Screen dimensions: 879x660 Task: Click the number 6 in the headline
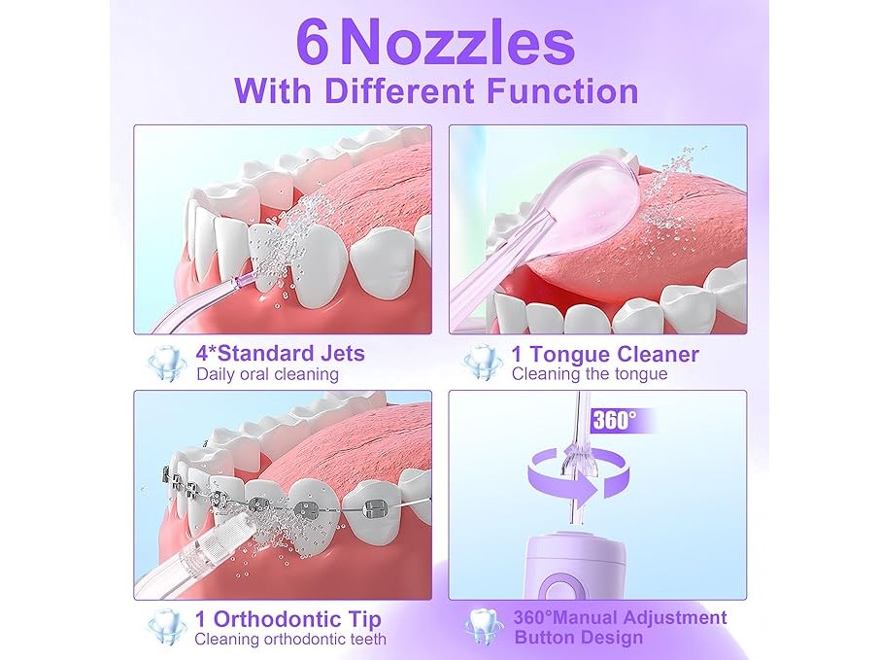point(312,42)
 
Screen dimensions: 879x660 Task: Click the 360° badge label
point(615,420)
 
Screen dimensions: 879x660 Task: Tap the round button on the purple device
point(558,589)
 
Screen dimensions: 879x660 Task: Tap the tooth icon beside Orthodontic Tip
point(166,628)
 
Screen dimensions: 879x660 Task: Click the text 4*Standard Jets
point(281,354)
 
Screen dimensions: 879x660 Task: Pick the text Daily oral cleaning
point(267,374)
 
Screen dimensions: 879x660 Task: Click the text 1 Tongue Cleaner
point(605,354)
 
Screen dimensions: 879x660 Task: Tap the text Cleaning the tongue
point(590,374)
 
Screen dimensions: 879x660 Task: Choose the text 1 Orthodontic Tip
point(287,619)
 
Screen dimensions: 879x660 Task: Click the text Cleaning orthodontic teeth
point(290,639)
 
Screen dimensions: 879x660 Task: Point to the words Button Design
point(579,638)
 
